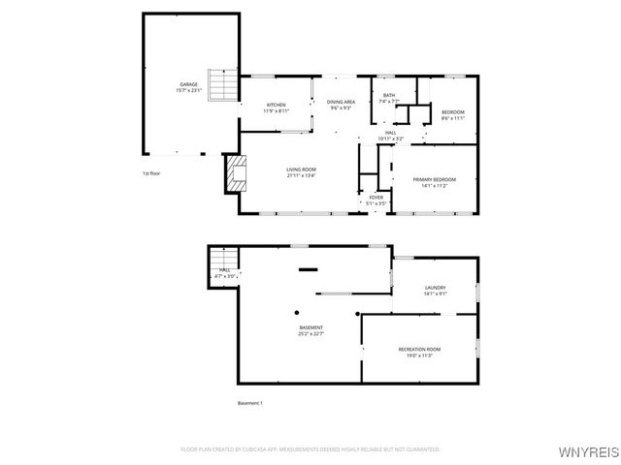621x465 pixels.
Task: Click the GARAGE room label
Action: click(x=188, y=84)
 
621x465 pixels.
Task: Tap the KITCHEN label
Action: click(x=277, y=105)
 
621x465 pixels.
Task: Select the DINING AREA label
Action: click(x=340, y=102)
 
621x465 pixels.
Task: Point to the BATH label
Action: click(x=388, y=95)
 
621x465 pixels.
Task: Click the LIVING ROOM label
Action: click(x=301, y=170)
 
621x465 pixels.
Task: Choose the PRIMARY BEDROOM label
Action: click(x=434, y=179)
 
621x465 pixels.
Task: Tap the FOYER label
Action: click(x=376, y=198)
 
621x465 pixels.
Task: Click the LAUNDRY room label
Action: click(x=435, y=288)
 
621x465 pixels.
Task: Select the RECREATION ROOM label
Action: click(x=419, y=349)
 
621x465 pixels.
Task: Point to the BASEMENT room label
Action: click(x=310, y=327)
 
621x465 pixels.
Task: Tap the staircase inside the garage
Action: click(x=225, y=88)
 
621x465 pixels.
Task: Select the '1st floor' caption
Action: click(x=150, y=173)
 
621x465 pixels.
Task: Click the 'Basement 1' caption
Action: click(x=250, y=403)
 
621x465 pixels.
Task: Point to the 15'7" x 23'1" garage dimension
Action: click(x=188, y=90)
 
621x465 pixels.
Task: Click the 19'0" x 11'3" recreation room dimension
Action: click(x=419, y=355)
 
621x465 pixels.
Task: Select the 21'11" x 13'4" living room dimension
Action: click(x=301, y=175)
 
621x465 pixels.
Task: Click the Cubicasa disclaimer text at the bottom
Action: click(x=310, y=449)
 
